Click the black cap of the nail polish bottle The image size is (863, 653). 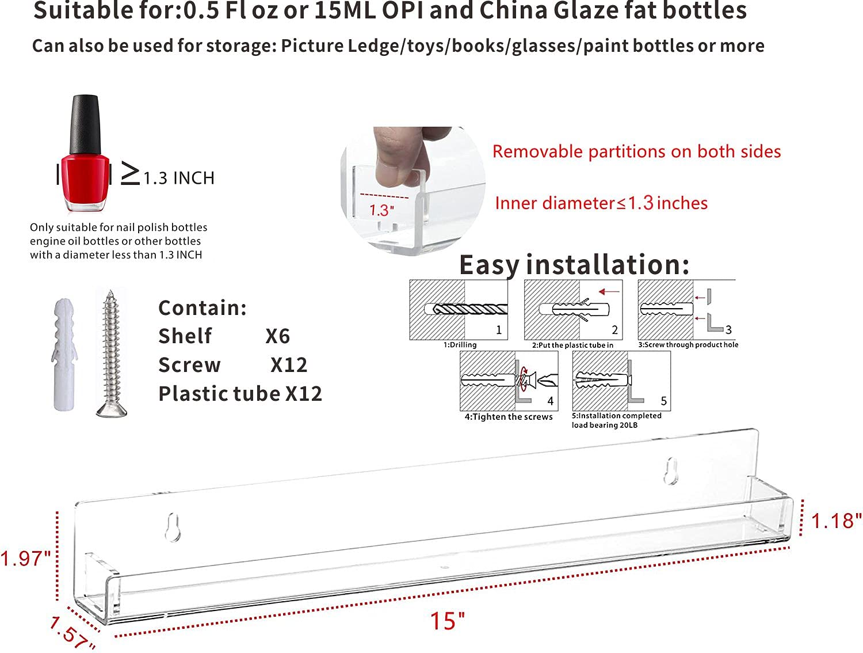coord(85,124)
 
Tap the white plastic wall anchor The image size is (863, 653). coord(64,355)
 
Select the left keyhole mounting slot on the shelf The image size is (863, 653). coord(173,527)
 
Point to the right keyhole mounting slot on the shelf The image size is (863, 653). coord(671,471)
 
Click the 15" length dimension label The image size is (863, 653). coord(447,621)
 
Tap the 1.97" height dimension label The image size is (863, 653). coord(25,558)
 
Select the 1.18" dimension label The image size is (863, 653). coord(836,521)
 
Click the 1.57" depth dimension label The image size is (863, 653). coord(72,632)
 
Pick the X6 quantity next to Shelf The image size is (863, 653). coord(277,336)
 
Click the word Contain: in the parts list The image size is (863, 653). coord(203,307)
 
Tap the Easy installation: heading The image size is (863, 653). coord(574,265)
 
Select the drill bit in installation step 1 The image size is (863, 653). coord(470,309)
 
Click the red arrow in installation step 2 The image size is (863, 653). coord(609,291)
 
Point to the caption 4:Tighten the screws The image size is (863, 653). coord(509,417)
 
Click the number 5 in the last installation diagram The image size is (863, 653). coord(664,401)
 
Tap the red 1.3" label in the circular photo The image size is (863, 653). coord(381,210)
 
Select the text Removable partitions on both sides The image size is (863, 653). coord(636,151)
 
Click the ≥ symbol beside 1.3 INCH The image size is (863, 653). coord(130,173)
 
